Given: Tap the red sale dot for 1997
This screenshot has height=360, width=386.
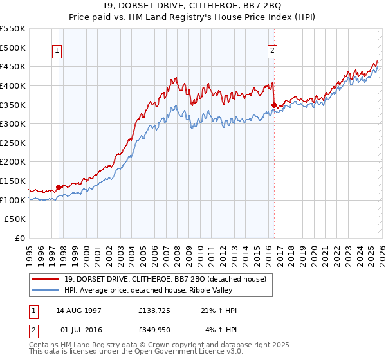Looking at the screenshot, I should click(x=59, y=187).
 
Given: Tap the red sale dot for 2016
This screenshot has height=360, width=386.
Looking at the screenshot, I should click(x=274, y=104).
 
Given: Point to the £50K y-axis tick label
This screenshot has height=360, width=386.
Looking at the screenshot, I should click(x=15, y=219).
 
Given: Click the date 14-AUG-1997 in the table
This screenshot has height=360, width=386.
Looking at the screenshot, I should click(x=78, y=310).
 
